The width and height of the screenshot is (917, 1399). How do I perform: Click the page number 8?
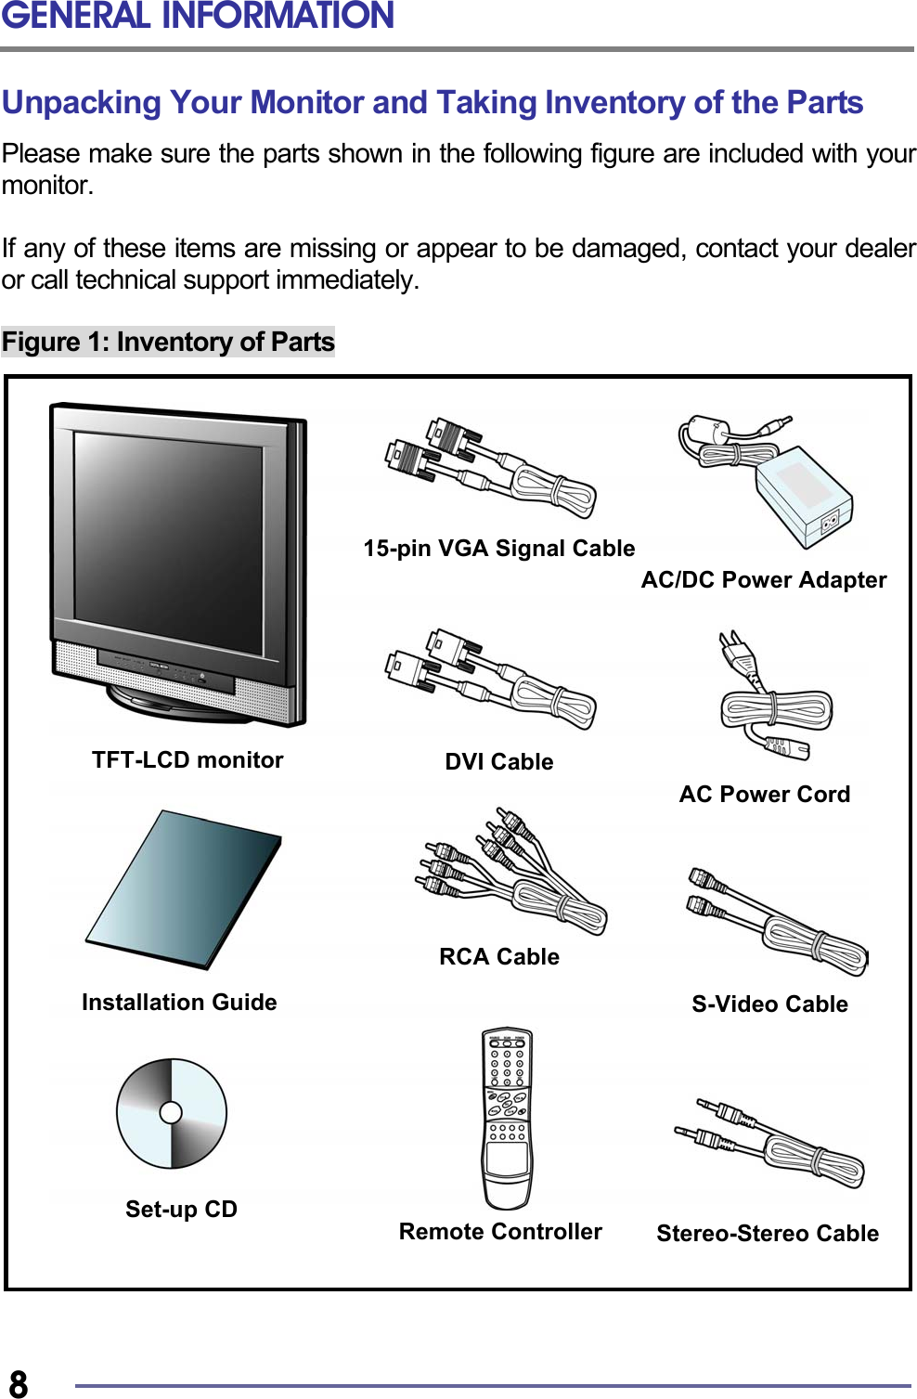tap(19, 1382)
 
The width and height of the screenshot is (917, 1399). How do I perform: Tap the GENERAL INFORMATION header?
tap(198, 16)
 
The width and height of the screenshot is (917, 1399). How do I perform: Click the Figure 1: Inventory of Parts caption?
tap(168, 343)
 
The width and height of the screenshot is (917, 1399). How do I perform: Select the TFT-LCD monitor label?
tap(187, 760)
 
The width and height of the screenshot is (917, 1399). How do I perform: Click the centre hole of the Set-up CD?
tap(171, 1112)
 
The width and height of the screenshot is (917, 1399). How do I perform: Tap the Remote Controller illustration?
tap(507, 1119)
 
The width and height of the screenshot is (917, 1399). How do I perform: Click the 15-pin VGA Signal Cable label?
tap(498, 549)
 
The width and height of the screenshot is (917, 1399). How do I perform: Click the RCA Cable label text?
tap(498, 957)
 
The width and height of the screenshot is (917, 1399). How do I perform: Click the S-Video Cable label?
tap(769, 1004)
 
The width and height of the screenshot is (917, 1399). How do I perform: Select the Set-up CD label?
tap(181, 1210)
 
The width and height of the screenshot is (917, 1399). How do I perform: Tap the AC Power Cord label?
tap(764, 795)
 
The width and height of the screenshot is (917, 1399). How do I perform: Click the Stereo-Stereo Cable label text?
tap(768, 1234)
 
